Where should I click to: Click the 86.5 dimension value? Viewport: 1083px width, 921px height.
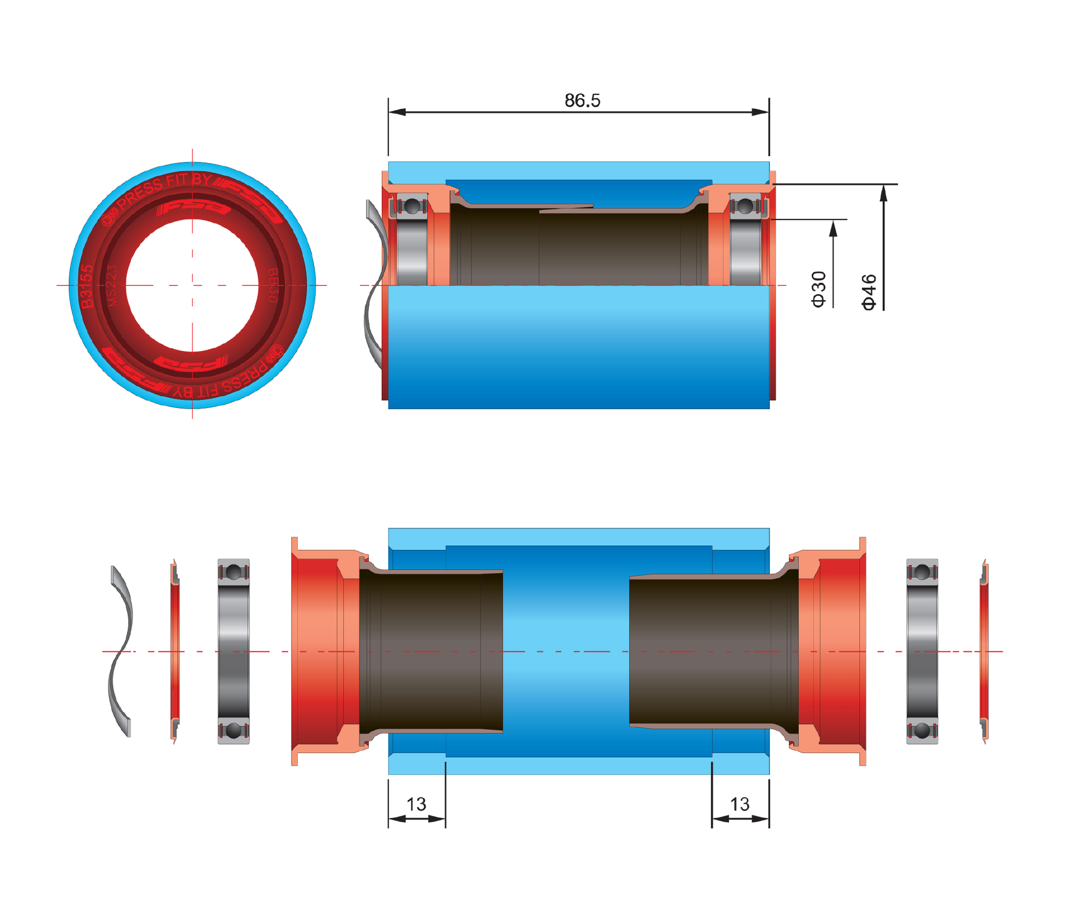pyautogui.click(x=582, y=100)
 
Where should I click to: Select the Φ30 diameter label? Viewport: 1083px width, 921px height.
pyautogui.click(x=818, y=289)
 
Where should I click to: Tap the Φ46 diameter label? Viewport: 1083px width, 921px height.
pyautogui.click(x=869, y=292)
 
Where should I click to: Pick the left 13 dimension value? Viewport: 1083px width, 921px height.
pyautogui.click(x=416, y=804)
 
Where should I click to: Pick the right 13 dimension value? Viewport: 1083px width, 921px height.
pyautogui.click(x=739, y=804)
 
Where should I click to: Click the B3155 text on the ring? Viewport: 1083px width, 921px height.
pyautogui.click(x=86, y=286)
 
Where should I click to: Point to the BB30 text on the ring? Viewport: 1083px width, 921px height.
pyautogui.click(x=272, y=285)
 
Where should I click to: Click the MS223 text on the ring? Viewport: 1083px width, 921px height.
pyautogui.click(x=111, y=286)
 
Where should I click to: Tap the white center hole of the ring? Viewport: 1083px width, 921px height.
pyautogui.click(x=192, y=285)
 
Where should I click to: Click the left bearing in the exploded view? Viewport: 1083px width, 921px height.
pyautogui.click(x=234, y=651)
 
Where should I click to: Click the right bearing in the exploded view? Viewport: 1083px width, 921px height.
pyautogui.click(x=922, y=651)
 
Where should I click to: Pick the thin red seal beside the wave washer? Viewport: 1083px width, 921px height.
pyautogui.click(x=175, y=651)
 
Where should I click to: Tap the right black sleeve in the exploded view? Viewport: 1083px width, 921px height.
pyautogui.click(x=711, y=651)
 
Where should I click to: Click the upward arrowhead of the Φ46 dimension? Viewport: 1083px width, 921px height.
pyautogui.click(x=883, y=193)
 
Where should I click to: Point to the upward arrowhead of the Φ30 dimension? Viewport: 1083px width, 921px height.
pyautogui.click(x=833, y=229)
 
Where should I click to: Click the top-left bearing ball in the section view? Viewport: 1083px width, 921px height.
pyautogui.click(x=412, y=206)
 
